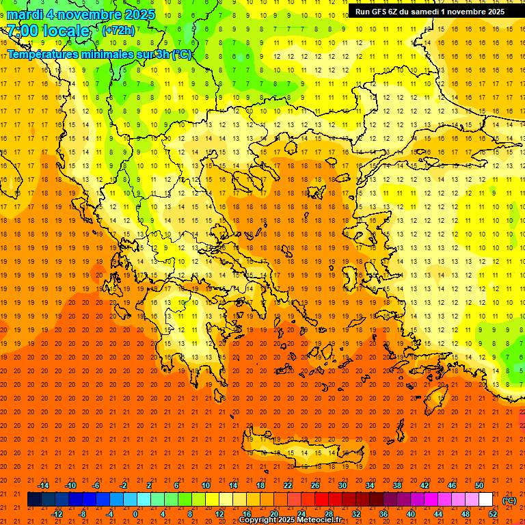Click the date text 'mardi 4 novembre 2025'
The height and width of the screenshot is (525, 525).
[x=81, y=14]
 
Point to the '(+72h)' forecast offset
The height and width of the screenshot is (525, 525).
[x=118, y=31]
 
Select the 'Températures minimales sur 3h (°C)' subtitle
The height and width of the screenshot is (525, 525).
[x=99, y=55]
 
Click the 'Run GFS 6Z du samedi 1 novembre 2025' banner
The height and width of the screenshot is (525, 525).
[x=429, y=11]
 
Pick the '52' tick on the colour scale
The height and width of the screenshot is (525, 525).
[x=492, y=514]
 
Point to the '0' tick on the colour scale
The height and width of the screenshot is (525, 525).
[x=135, y=514]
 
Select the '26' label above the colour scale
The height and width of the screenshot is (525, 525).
[x=315, y=485]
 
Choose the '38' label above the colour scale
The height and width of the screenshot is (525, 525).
[x=397, y=485]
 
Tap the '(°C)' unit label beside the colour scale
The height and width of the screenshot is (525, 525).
[x=509, y=500]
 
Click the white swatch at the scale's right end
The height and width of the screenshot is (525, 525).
[x=486, y=500]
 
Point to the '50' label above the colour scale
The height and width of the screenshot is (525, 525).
[x=479, y=485]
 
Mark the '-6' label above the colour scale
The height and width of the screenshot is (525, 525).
[x=96, y=485]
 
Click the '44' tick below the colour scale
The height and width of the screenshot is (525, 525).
[x=438, y=514]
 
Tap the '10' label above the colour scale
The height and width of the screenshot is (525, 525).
[x=206, y=485]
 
